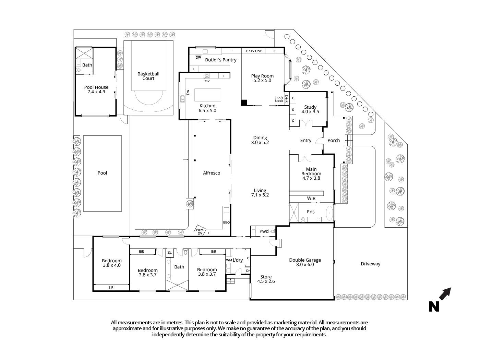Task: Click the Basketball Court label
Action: tap(148, 76)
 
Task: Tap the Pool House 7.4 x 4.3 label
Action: tap(96, 89)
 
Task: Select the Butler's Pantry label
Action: tap(220, 60)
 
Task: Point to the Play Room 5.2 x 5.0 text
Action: tap(262, 78)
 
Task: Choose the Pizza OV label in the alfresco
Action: tap(200, 231)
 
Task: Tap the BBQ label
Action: tap(226, 223)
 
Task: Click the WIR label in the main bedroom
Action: tap(311, 199)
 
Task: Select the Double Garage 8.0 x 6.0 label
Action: tap(304, 262)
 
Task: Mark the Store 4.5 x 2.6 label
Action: tap(266, 279)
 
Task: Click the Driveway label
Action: tap(370, 264)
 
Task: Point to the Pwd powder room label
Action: tap(264, 231)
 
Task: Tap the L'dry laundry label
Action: tap(238, 260)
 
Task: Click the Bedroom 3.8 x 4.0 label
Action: tap(111, 263)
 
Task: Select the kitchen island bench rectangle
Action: tap(208, 95)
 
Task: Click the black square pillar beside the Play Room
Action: tap(244, 103)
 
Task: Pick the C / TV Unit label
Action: tap(253, 51)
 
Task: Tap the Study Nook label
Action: tap(279, 99)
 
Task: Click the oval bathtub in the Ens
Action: tap(329, 213)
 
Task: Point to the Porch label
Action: tap(333, 141)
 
